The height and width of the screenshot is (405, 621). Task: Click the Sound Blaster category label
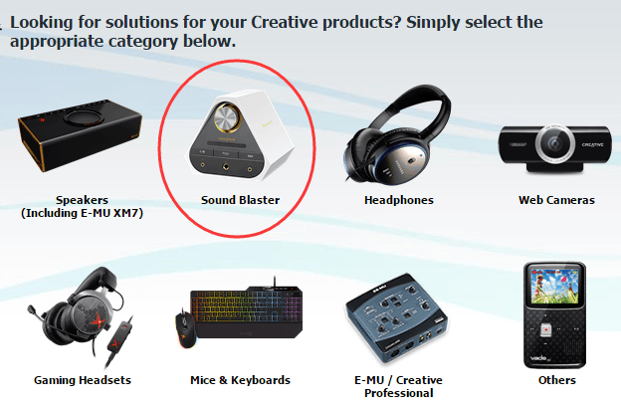click(x=240, y=200)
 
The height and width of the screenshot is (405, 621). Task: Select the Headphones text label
click(x=399, y=200)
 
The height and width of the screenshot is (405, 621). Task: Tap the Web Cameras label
click(x=556, y=200)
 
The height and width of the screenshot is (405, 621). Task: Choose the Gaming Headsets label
click(x=83, y=380)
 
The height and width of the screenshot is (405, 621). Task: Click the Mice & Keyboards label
click(x=240, y=380)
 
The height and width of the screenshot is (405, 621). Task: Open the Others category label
click(x=557, y=380)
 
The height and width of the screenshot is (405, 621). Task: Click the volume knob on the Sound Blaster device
click(x=227, y=117)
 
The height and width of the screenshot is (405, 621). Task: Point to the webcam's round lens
click(x=554, y=143)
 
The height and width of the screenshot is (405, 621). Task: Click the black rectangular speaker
click(x=80, y=134)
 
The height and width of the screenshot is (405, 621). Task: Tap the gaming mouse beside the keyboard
click(x=186, y=329)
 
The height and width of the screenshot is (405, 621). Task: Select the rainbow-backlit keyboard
click(x=247, y=312)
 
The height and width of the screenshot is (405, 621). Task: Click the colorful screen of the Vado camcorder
click(x=554, y=286)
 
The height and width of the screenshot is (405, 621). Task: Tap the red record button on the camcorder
click(x=546, y=329)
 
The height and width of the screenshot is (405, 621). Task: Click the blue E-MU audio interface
click(x=397, y=317)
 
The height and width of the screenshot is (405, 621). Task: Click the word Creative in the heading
click(x=285, y=22)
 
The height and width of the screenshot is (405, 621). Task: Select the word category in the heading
click(x=142, y=42)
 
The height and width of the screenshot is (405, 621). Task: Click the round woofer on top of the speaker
click(x=84, y=117)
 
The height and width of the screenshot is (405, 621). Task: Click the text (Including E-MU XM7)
click(x=82, y=213)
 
